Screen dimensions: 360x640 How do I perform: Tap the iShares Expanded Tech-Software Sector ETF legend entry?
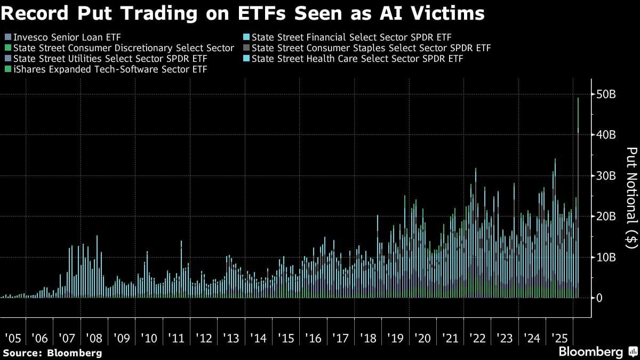pyautogui.click(x=109, y=69)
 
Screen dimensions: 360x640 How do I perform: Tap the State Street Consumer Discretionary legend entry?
pyautogui.click(x=123, y=48)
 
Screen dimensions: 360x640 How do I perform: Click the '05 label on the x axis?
pyautogui.click(x=14, y=338)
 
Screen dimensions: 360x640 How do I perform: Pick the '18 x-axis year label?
pyautogui.click(x=368, y=338)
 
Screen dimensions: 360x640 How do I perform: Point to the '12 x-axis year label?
pyautogui.click(x=204, y=338)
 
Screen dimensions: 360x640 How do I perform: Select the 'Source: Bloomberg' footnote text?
pyautogui.click(x=52, y=353)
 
